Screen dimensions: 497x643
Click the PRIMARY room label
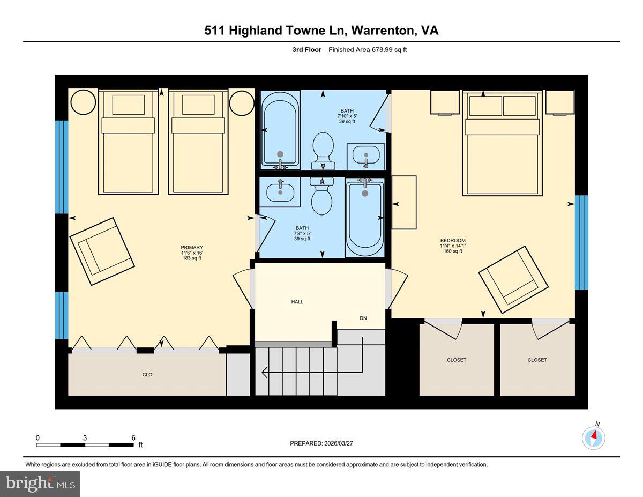click(191, 248)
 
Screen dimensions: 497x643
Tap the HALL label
click(297, 302)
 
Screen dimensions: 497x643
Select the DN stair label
click(363, 318)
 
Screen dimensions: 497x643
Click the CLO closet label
click(147, 375)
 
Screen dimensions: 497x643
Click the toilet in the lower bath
click(322, 196)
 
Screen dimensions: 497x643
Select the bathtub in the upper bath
click(279, 130)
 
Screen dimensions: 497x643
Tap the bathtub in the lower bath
click(364, 219)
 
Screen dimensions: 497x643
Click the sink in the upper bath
click(366, 155)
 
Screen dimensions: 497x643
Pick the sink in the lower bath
click(280, 191)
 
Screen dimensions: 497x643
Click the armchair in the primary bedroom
click(102, 251)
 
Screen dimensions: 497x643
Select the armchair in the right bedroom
click(513, 279)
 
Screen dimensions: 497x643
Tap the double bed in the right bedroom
click(502, 144)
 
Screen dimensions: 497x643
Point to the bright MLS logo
click(40, 484)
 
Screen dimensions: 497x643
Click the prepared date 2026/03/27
click(323, 443)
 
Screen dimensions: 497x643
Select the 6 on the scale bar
click(133, 438)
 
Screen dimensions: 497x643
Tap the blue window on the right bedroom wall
click(581, 242)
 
